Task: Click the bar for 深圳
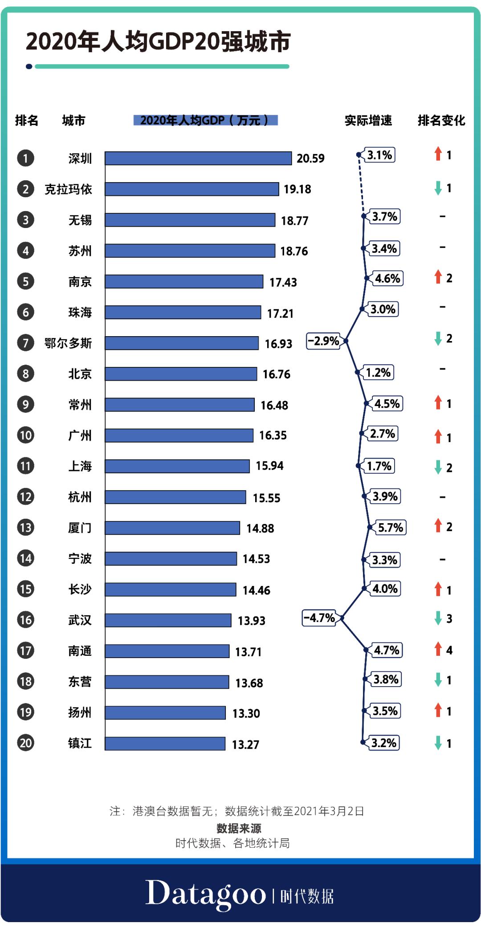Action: [x=198, y=159]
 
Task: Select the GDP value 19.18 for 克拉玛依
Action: [x=297, y=189]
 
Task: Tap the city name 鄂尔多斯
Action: [x=68, y=343]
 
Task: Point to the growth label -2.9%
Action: [x=323, y=341]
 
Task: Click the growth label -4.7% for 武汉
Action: [x=319, y=618]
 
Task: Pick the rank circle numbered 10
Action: [x=25, y=435]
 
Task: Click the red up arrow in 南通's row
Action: [x=438, y=649]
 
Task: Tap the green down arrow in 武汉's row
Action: [x=438, y=618]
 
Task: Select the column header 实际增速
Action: [x=368, y=120]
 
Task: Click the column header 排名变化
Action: [x=441, y=120]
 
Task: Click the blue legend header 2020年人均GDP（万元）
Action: [x=205, y=120]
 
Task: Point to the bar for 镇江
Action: [x=165, y=744]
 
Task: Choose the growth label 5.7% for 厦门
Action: [x=390, y=528]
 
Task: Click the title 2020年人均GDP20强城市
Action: [x=158, y=42]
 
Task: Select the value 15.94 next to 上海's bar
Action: [x=269, y=466]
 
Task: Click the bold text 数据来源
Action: [x=239, y=829]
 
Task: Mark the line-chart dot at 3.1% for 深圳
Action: [x=359, y=155]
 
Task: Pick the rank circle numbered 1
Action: [x=25, y=158]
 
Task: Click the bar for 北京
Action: [x=181, y=374]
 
